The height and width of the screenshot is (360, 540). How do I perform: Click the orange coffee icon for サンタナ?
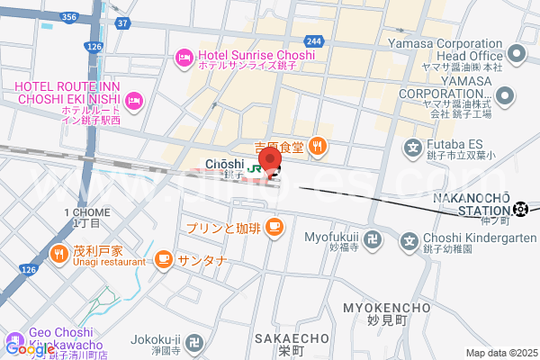[163, 260]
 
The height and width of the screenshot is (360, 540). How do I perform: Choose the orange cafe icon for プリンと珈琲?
[274, 229]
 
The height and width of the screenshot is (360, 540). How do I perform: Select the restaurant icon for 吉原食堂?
[317, 145]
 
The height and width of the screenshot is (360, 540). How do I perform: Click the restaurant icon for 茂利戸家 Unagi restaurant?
[58, 254]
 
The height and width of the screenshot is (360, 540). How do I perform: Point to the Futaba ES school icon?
[413, 148]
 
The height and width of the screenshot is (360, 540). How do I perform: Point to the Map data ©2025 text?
[499, 353]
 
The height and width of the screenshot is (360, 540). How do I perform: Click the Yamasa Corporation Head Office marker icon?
[517, 55]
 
